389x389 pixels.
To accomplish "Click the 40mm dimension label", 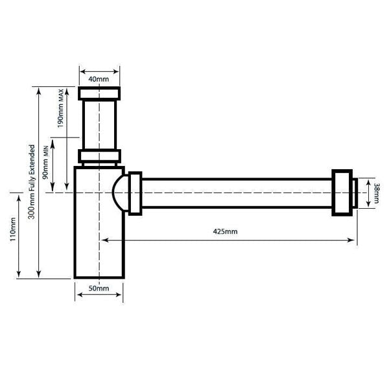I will pos(99,78).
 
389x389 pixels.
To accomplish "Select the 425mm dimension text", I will pos(225,231).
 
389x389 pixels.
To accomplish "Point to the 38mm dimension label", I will pos(376,193).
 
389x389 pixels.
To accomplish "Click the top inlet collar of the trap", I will pos(99,93).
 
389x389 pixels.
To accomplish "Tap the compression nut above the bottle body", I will pos(99,156).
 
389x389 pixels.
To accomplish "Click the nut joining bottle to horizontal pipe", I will pos(135,193).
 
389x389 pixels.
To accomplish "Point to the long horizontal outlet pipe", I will pos(237,193).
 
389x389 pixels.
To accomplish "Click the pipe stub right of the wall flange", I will pos(354,193).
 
